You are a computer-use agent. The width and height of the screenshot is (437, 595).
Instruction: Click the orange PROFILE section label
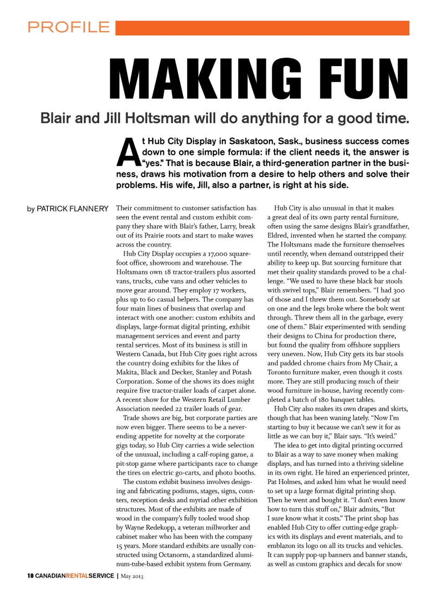pos(69,27)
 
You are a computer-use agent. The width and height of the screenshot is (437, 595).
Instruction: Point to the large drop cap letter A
pos(128,152)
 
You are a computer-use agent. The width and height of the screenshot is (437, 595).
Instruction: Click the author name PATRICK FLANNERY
pos(72,209)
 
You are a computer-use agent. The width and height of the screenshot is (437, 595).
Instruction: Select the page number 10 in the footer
pos(30,576)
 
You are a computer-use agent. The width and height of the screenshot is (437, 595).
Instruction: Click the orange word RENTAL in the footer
pos(77,576)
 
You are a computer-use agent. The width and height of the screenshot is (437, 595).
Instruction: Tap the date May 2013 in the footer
pos(132,576)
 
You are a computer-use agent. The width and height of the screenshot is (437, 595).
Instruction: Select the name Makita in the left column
pos(127,372)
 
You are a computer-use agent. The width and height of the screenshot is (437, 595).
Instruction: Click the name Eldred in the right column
pos(279,236)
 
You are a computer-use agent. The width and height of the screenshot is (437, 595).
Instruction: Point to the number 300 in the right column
pos(399,290)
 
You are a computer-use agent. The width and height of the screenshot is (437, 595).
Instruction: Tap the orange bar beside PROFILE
pos(262,28)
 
